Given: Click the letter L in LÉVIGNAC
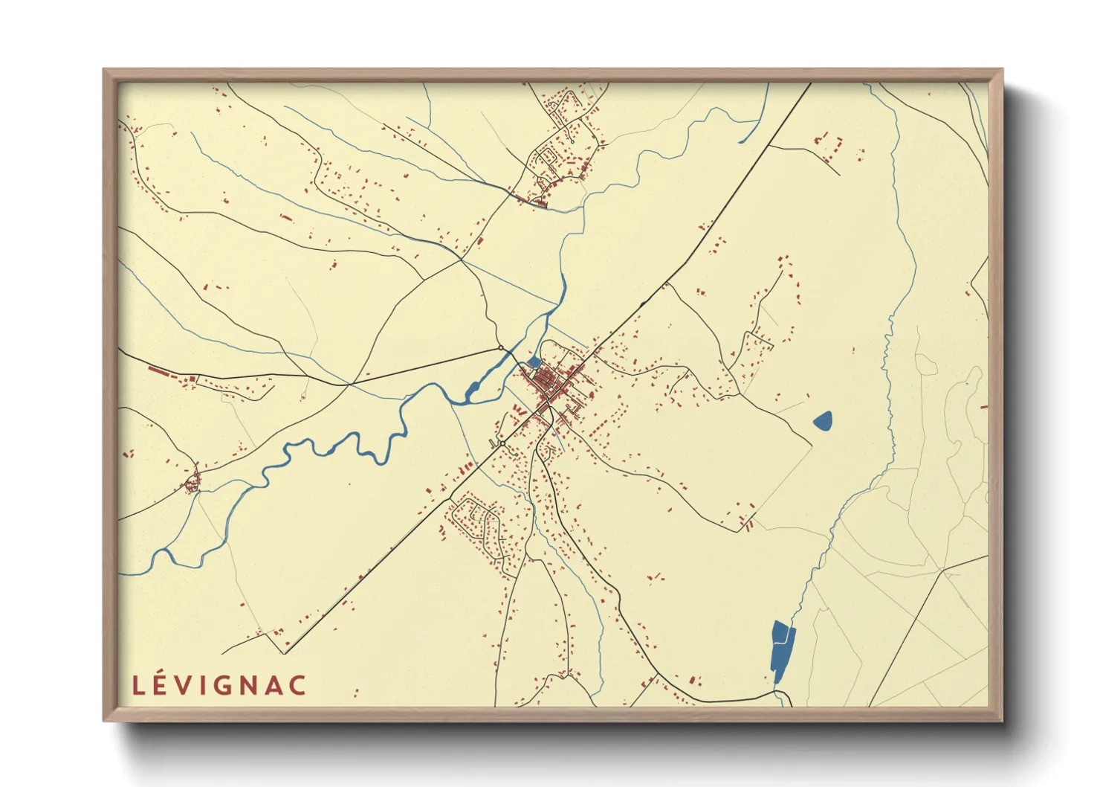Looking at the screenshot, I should coord(137,685).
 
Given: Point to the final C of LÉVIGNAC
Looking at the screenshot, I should coord(297,685).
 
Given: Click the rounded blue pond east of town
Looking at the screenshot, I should coord(823,422).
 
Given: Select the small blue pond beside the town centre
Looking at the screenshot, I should coord(533,362).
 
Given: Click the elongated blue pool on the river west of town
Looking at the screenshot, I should coord(473,389).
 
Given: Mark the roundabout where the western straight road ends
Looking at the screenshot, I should coord(501,347).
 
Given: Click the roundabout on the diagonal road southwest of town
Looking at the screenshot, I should coord(502,443).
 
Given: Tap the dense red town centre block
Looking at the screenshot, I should coord(549,382).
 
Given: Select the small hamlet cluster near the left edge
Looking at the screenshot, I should coord(192,484).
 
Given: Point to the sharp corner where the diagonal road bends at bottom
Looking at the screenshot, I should coord(285,653).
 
